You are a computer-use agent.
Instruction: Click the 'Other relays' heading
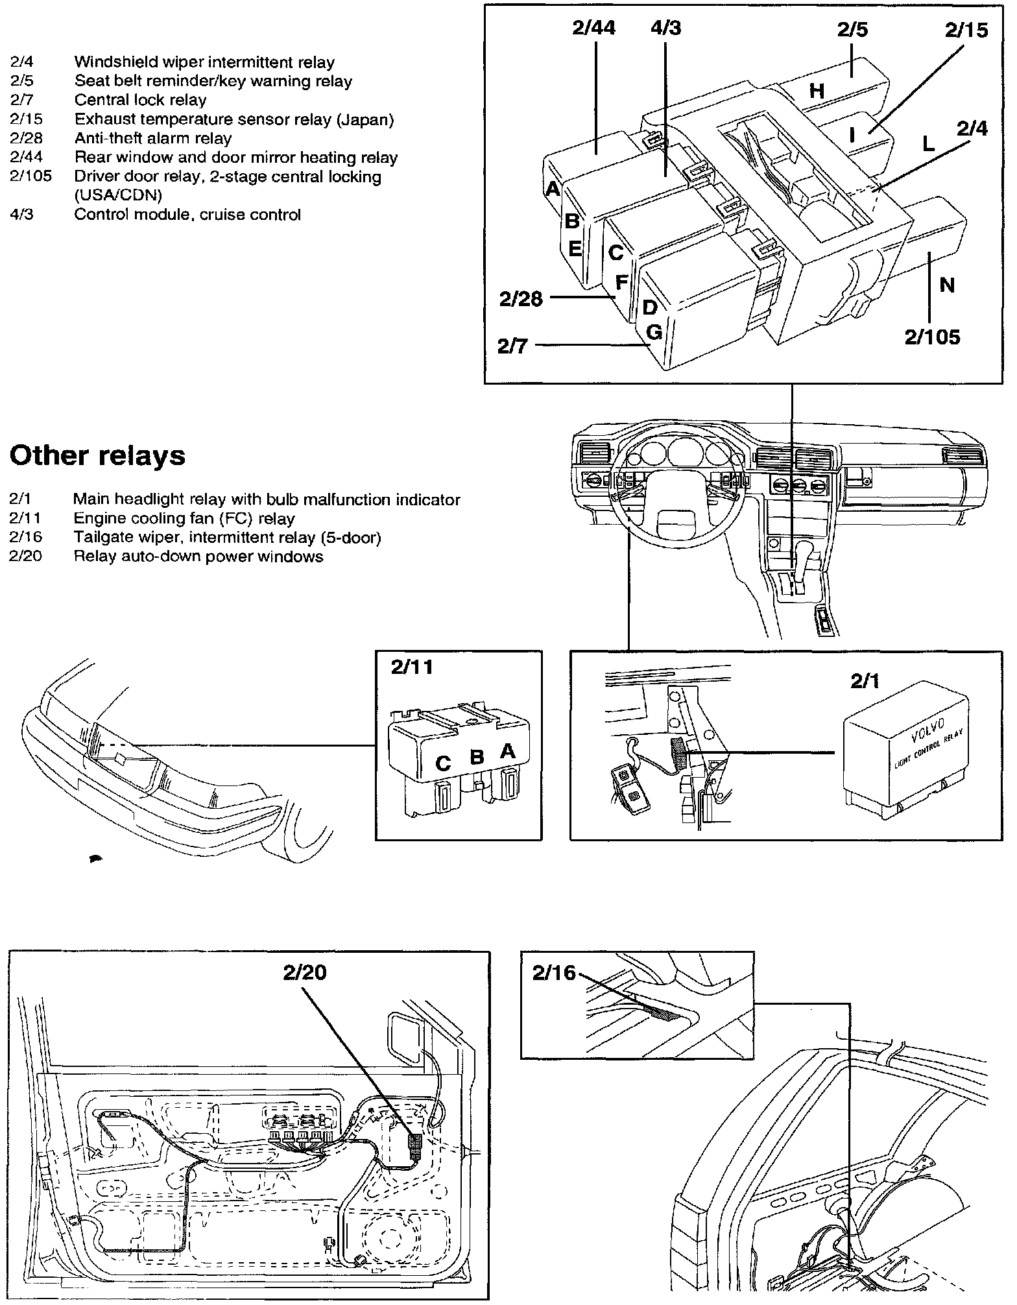pyautogui.click(x=97, y=455)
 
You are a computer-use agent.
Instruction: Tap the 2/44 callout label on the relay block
pyautogui.click(x=593, y=28)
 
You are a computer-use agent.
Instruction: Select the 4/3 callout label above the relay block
pyautogui.click(x=666, y=28)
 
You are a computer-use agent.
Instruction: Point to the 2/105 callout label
pyautogui.click(x=932, y=337)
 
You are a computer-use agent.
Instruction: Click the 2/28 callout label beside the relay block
pyautogui.click(x=521, y=299)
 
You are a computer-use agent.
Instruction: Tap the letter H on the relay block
pyautogui.click(x=817, y=91)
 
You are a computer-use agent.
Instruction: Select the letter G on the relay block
pyautogui.click(x=654, y=332)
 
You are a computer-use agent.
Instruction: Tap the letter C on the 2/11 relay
pyautogui.click(x=443, y=763)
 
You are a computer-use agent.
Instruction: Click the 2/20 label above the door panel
pyautogui.click(x=304, y=972)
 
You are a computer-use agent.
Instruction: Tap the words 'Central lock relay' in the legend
pyautogui.click(x=140, y=100)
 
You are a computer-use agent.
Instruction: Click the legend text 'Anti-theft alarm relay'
pyautogui.click(x=152, y=138)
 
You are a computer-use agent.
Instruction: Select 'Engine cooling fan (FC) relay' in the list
pyautogui.click(x=184, y=518)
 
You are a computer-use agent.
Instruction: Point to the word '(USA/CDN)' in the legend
pyautogui.click(x=117, y=195)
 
